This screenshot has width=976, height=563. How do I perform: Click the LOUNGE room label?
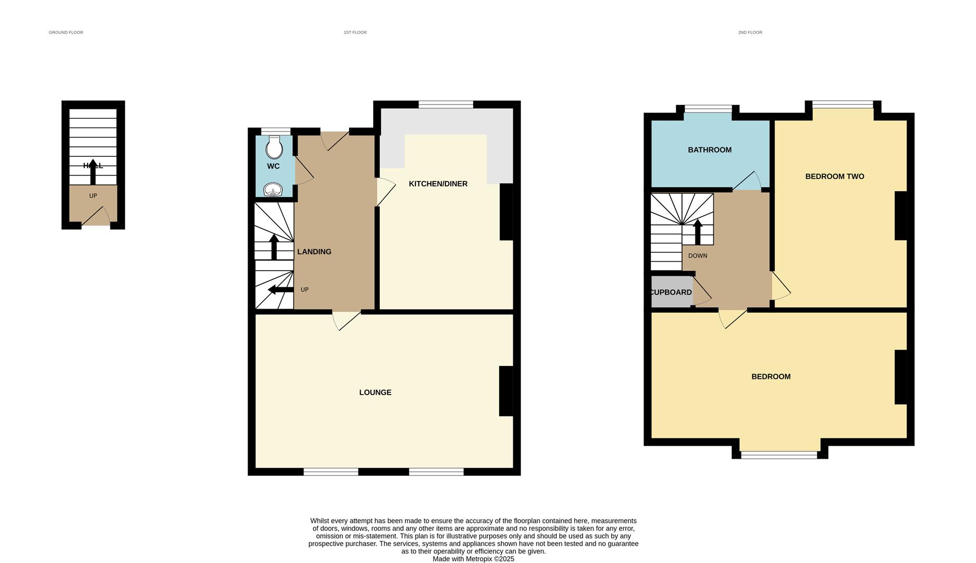[x=375, y=393]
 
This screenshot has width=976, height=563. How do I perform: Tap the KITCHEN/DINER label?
[x=438, y=184]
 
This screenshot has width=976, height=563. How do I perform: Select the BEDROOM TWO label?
[x=834, y=177]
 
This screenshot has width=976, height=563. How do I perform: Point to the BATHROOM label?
[x=709, y=150]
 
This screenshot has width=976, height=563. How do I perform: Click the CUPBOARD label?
[x=671, y=292]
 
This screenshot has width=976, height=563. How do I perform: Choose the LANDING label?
[x=314, y=252]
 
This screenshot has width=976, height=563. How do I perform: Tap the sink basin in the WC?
[x=273, y=190]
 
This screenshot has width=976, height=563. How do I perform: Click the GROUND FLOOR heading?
[x=66, y=32]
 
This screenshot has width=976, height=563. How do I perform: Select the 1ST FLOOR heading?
[x=355, y=32]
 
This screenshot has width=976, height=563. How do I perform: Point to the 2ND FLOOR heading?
[x=750, y=32]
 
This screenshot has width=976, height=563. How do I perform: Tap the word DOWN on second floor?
[x=697, y=256]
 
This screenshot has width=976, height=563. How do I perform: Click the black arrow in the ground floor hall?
[x=93, y=172]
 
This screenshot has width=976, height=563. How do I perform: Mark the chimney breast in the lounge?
[x=506, y=391]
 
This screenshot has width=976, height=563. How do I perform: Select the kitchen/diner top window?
[x=446, y=105]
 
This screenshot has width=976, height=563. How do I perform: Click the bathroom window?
[x=708, y=109]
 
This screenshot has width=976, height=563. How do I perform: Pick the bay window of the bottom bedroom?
[x=779, y=455]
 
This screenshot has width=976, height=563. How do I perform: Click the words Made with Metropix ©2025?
[x=473, y=559]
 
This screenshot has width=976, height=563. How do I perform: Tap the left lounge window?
[x=331, y=472]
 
